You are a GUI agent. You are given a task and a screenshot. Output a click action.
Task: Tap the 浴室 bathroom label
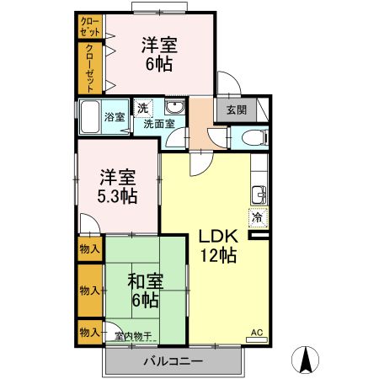(114, 116)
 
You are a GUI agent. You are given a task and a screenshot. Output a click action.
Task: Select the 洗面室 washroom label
(158, 124)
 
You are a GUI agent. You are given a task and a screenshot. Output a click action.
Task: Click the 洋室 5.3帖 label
(118, 186)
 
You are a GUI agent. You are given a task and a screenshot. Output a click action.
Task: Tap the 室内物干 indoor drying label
(133, 337)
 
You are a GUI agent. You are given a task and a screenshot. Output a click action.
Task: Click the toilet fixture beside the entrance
(252, 137)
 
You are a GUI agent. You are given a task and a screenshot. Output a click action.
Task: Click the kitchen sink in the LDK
(257, 195)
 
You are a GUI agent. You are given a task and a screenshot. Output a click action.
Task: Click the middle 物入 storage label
(89, 290)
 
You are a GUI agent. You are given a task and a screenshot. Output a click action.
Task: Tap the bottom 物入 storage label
(89, 333)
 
